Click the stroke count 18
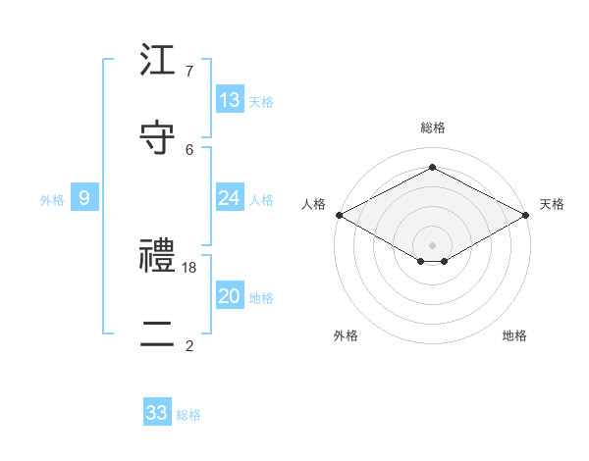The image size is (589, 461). point(190,267)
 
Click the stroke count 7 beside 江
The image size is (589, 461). point(189,72)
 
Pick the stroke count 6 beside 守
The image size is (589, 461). point(189,149)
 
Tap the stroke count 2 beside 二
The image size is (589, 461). point(189,345)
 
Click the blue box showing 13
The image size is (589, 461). point(230,100)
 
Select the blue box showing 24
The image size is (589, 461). point(230,198)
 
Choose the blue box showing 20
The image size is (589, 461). point(230,296)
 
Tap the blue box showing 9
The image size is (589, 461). point(84,198)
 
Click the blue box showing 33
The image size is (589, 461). point(157,413)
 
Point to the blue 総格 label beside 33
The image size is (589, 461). point(188,415)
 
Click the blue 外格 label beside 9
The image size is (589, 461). point(52,200)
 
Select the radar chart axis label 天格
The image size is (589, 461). point(552,204)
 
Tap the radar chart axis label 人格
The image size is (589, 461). point(313,204)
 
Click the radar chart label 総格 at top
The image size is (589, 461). point(433,128)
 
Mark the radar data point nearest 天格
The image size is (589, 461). point(527,215)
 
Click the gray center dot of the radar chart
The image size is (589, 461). point(433,244)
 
